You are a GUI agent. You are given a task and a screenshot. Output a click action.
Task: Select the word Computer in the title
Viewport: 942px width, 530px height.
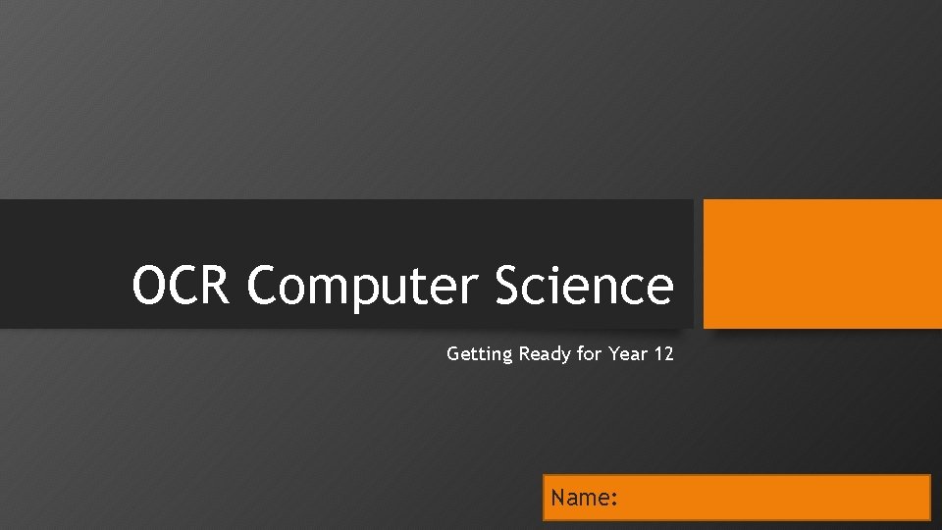pyautogui.click(x=363, y=286)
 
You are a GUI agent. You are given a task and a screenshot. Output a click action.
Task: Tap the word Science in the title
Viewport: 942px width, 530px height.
pyautogui.click(x=584, y=286)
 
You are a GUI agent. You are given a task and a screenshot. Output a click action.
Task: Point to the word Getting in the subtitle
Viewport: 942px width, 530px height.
pyautogui.click(x=479, y=354)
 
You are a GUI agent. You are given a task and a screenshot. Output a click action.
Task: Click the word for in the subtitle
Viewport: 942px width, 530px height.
pyautogui.click(x=589, y=354)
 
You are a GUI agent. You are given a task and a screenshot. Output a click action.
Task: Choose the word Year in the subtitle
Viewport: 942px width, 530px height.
pyautogui.click(x=628, y=354)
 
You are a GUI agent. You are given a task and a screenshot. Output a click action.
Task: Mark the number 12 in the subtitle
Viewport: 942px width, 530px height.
pyautogui.click(x=664, y=354)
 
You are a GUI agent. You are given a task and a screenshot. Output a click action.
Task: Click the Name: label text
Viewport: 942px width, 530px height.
pyautogui.click(x=584, y=498)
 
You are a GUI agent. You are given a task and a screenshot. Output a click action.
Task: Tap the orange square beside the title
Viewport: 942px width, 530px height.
pyautogui.click(x=822, y=263)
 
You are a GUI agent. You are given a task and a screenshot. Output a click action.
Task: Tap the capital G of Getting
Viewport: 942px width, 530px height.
pyautogui.click(x=453, y=354)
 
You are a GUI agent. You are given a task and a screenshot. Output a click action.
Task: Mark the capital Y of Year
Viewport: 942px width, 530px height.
pyautogui.click(x=613, y=354)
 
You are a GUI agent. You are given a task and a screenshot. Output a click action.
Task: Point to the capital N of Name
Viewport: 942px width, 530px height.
pyautogui.click(x=558, y=498)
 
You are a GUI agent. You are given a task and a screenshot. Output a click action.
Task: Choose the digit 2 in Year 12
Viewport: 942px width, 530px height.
pyautogui.click(x=669, y=354)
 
